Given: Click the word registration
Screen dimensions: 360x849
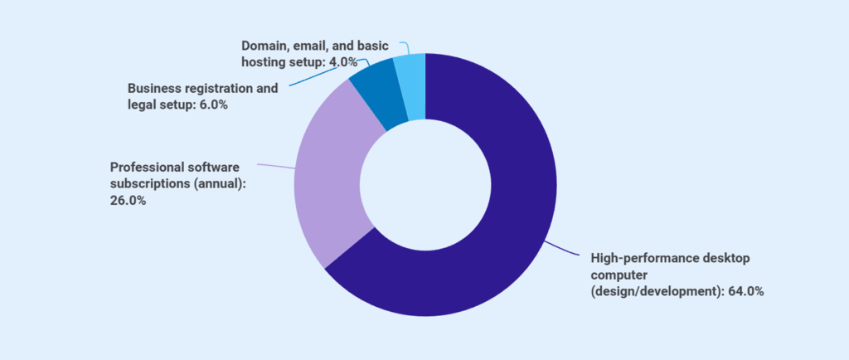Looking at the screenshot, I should point(218,88).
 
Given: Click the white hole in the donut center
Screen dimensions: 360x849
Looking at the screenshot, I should point(424,184).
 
